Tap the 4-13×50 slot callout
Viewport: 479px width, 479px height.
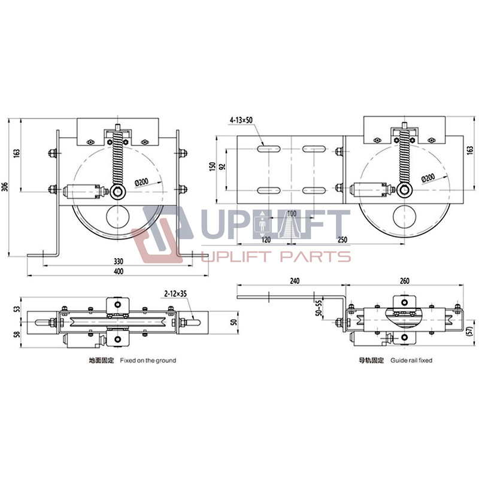(241, 120)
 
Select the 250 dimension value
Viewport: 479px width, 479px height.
(342, 239)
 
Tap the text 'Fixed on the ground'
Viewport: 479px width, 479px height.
(148, 361)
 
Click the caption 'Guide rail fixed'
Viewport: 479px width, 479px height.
(411, 361)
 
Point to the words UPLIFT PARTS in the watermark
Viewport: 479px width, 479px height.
(275, 257)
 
